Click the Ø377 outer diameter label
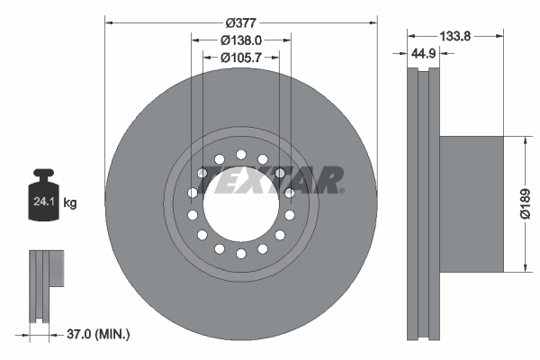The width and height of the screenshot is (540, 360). click(x=240, y=21)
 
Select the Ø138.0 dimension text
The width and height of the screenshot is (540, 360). click(x=241, y=40)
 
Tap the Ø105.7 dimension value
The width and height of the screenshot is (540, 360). click(x=241, y=58)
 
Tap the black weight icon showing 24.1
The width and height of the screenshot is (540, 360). click(x=43, y=198)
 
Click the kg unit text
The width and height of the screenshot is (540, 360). click(x=69, y=203)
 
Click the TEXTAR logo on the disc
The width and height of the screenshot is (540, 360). click(x=271, y=180)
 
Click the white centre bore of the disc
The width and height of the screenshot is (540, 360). click(x=240, y=205)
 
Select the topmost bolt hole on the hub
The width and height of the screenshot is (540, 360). click(x=240, y=154)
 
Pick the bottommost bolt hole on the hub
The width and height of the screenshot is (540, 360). click(x=240, y=255)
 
